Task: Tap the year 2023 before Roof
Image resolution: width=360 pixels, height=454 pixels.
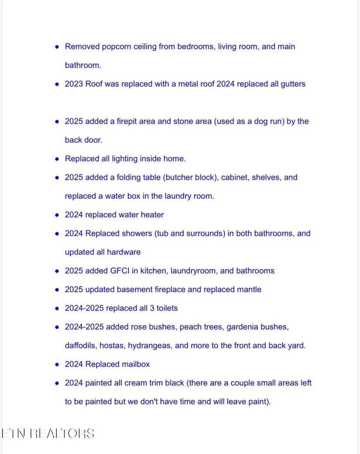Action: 74,84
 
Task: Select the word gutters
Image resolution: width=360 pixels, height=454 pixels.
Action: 293,84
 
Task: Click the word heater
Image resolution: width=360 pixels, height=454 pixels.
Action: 152,215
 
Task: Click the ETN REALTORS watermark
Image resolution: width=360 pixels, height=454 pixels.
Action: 48,434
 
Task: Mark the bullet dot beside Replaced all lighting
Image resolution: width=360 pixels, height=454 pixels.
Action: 57,159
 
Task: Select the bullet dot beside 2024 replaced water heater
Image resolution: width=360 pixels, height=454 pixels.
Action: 57,215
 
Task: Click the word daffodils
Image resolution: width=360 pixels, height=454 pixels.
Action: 81,346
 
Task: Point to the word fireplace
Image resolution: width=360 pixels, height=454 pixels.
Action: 170,290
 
